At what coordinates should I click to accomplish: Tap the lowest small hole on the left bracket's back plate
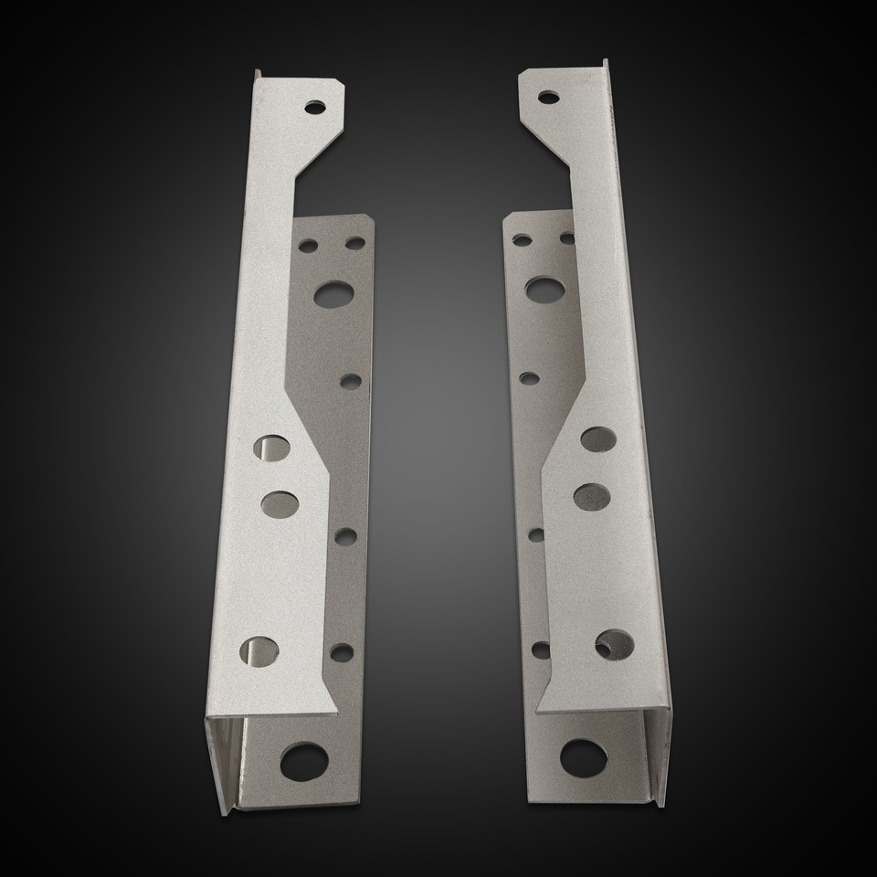(342, 651)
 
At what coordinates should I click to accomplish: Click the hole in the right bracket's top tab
(549, 96)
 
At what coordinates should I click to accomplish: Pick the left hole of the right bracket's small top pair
(523, 240)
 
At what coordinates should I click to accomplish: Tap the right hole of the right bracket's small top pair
(567, 238)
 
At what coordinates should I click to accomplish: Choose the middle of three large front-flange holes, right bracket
(592, 495)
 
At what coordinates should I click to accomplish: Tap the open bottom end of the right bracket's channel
(652, 758)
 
